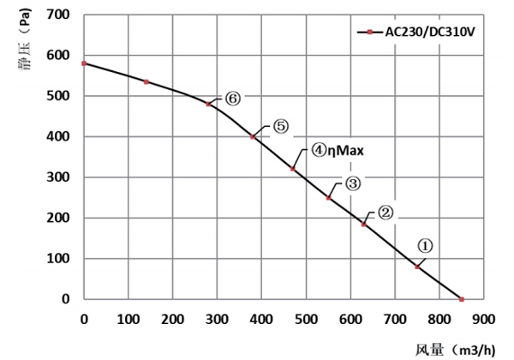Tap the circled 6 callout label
pyautogui.click(x=233, y=99)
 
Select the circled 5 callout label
pyautogui.click(x=281, y=127)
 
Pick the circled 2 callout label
pyautogui.click(x=385, y=213)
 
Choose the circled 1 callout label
pyautogui.click(x=426, y=244)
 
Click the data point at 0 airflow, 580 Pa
pyautogui.click(x=84, y=63)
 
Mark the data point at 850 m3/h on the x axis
pyautogui.click(x=462, y=299)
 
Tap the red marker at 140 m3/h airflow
pyautogui.click(x=146, y=81)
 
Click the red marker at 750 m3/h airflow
pyautogui.click(x=417, y=267)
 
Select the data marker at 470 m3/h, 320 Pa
pyautogui.click(x=293, y=169)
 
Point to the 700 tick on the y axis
pyautogui.click(x=57, y=15)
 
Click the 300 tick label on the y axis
pyautogui.click(x=57, y=177)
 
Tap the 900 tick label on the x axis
pyautogui.click(x=484, y=320)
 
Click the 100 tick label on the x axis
pyautogui.click(x=128, y=320)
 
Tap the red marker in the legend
pyautogui.click(x=369, y=33)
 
